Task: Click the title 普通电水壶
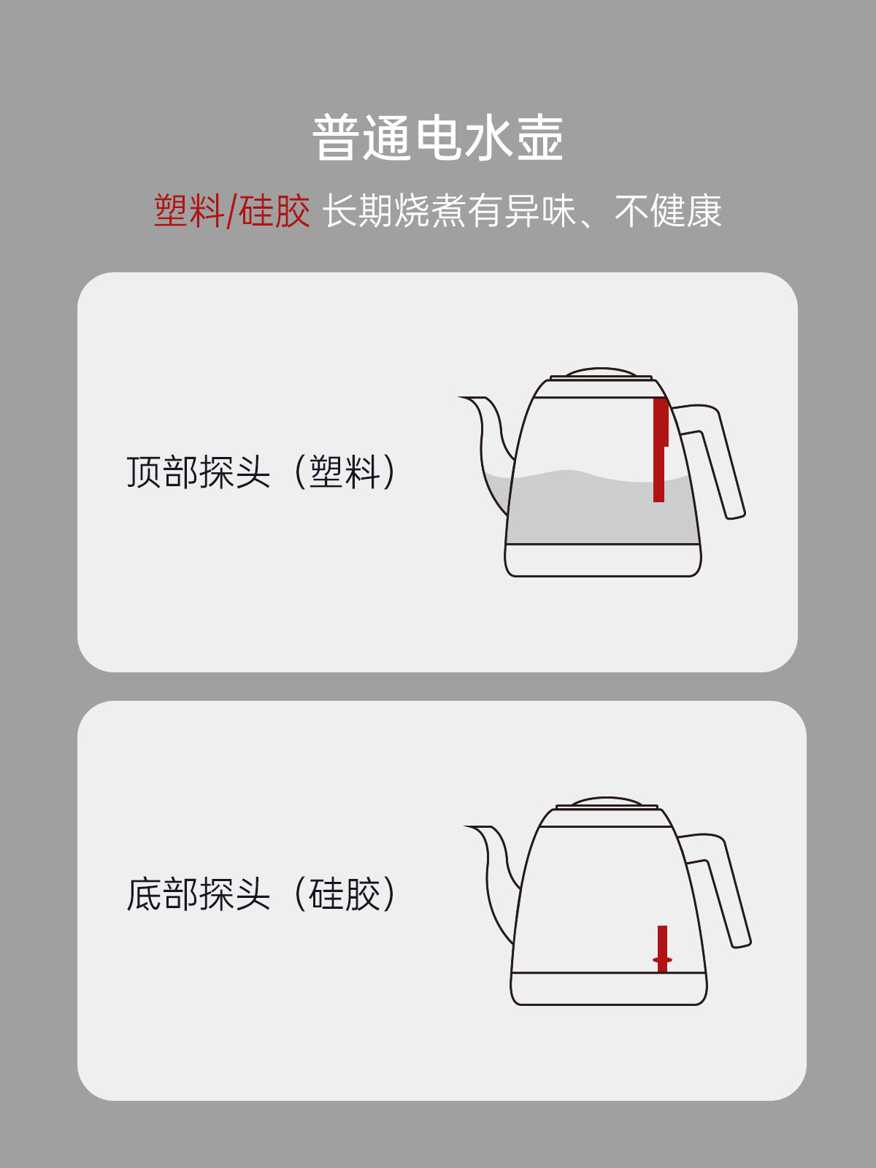(437, 137)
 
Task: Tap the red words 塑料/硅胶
(232, 211)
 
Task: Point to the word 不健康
(668, 211)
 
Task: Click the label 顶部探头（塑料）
(261, 472)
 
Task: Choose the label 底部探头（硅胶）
(261, 894)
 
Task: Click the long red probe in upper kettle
(660, 450)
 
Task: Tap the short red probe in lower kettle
(662, 949)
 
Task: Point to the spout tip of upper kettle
(460, 397)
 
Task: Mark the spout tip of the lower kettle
(466, 826)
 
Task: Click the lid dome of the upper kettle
(601, 372)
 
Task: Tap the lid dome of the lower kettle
(607, 800)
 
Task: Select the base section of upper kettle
(603, 560)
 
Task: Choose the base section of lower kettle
(609, 988)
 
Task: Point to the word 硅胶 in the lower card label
(344, 894)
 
